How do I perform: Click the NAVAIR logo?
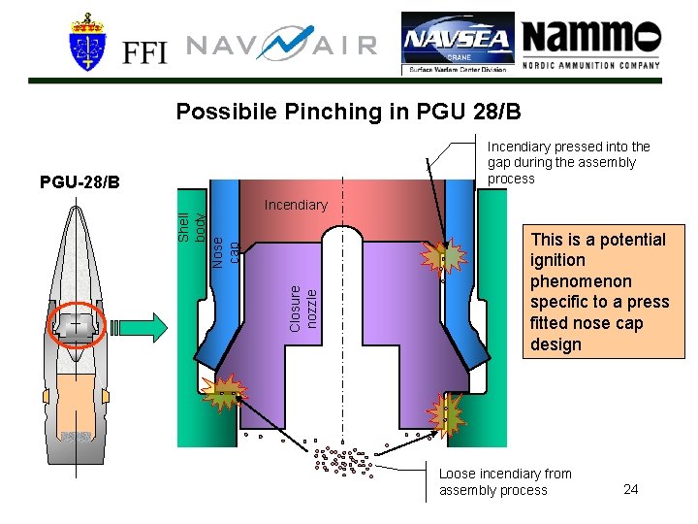(281, 46)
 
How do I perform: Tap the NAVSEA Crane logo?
(457, 44)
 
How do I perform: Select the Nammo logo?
(590, 44)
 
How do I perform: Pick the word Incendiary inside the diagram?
(296, 206)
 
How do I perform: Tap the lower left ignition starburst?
(224, 393)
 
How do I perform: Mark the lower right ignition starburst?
(448, 411)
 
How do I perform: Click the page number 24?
(631, 488)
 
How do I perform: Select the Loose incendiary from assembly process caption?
(505, 482)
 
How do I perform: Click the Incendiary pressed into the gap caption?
(568, 162)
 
